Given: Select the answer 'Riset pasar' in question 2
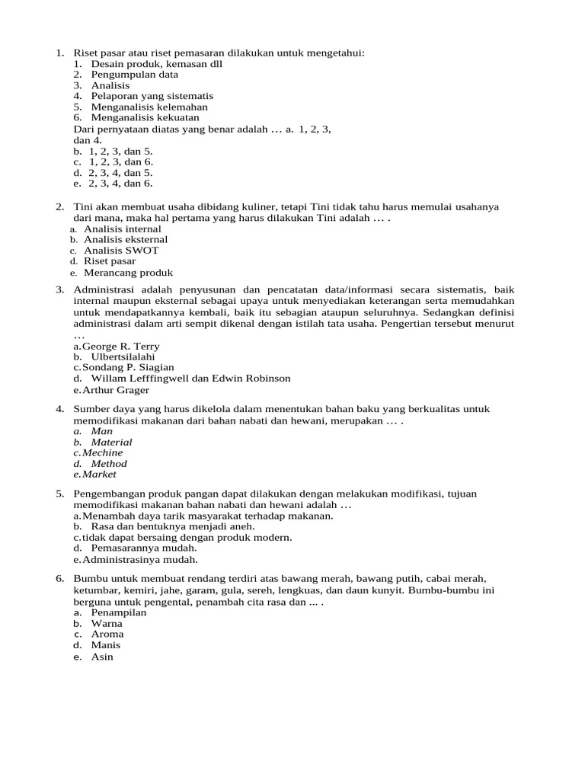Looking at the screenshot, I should [110, 261].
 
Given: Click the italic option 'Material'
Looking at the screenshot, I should [111, 442].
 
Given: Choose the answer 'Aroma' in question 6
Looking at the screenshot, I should [107, 634].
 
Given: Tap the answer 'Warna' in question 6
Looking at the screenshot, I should [107, 623].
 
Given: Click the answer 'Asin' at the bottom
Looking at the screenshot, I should [102, 656].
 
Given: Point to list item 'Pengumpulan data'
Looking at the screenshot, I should [135, 75].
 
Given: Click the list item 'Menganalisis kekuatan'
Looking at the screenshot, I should [145, 118].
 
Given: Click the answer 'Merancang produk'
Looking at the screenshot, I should [128, 272].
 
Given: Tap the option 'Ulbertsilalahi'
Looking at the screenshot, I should [123, 356].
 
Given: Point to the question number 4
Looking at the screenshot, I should [59, 410].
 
